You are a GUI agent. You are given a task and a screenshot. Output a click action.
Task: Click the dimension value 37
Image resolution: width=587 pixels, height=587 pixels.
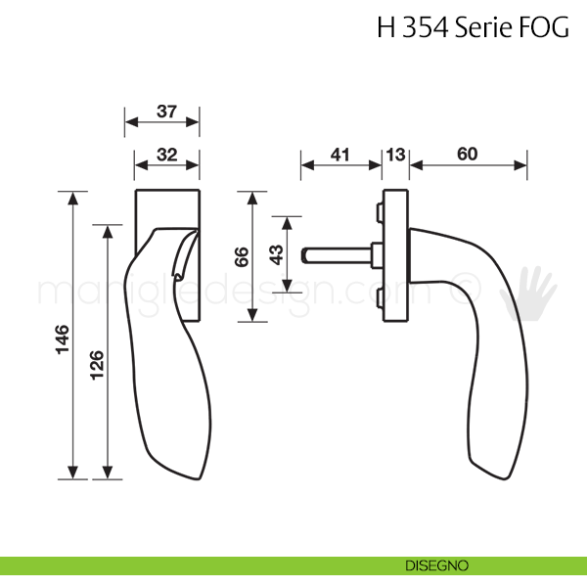[x=166, y=112]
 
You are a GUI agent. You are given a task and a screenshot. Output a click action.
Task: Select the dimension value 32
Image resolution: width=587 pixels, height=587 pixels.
[x=167, y=155]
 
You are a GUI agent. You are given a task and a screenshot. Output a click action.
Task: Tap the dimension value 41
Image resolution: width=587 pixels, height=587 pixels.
[x=339, y=155]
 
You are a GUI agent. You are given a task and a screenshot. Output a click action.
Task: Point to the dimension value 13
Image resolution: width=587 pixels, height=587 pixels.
[x=395, y=155]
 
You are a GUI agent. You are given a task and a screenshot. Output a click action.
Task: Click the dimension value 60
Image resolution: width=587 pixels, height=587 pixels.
[x=468, y=154]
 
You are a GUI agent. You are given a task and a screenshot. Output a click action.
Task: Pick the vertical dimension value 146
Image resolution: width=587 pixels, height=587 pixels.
[x=63, y=339]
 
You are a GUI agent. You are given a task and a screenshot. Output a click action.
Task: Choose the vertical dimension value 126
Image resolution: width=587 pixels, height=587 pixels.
[x=97, y=365]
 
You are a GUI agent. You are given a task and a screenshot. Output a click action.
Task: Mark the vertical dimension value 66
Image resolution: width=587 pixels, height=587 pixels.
[x=242, y=256]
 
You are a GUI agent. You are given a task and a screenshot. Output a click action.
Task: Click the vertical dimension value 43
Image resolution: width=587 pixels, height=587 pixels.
[x=277, y=254]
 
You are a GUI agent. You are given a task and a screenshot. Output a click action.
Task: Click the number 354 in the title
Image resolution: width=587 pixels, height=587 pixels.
[x=426, y=27]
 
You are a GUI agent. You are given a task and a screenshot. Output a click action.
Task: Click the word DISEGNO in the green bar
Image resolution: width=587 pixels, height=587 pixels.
[x=436, y=565]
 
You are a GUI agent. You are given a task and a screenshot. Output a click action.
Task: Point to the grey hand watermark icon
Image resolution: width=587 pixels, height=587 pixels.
[x=528, y=293]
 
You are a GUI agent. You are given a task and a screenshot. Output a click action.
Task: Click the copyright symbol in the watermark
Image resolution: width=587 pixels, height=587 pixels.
[x=465, y=289]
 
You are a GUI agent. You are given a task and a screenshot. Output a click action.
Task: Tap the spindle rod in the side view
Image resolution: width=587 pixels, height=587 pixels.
[x=337, y=255]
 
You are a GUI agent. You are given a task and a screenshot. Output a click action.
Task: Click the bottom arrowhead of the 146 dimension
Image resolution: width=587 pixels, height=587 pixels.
[x=73, y=473]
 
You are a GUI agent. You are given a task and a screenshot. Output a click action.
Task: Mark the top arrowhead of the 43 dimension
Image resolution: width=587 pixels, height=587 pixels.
[x=287, y=223]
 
